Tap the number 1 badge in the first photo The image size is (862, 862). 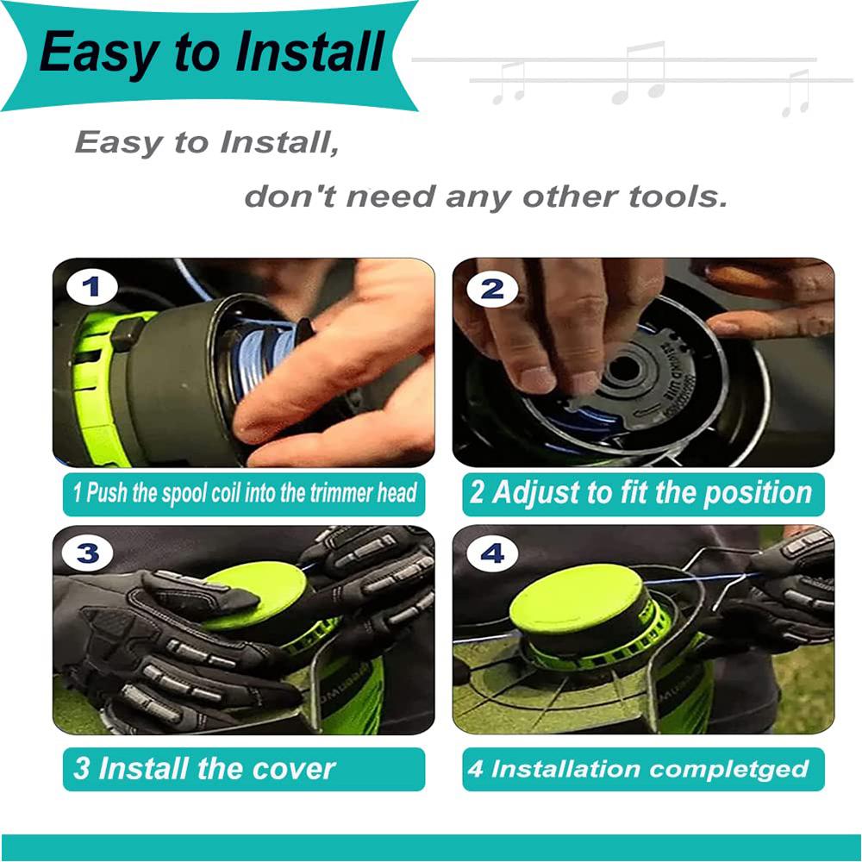(91, 287)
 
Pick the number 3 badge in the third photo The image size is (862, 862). (87, 553)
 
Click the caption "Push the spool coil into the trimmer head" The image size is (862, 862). (244, 493)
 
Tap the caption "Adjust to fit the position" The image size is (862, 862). (640, 493)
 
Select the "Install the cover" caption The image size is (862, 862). (204, 768)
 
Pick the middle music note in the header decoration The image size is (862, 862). (639, 72)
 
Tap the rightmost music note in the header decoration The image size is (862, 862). (796, 93)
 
